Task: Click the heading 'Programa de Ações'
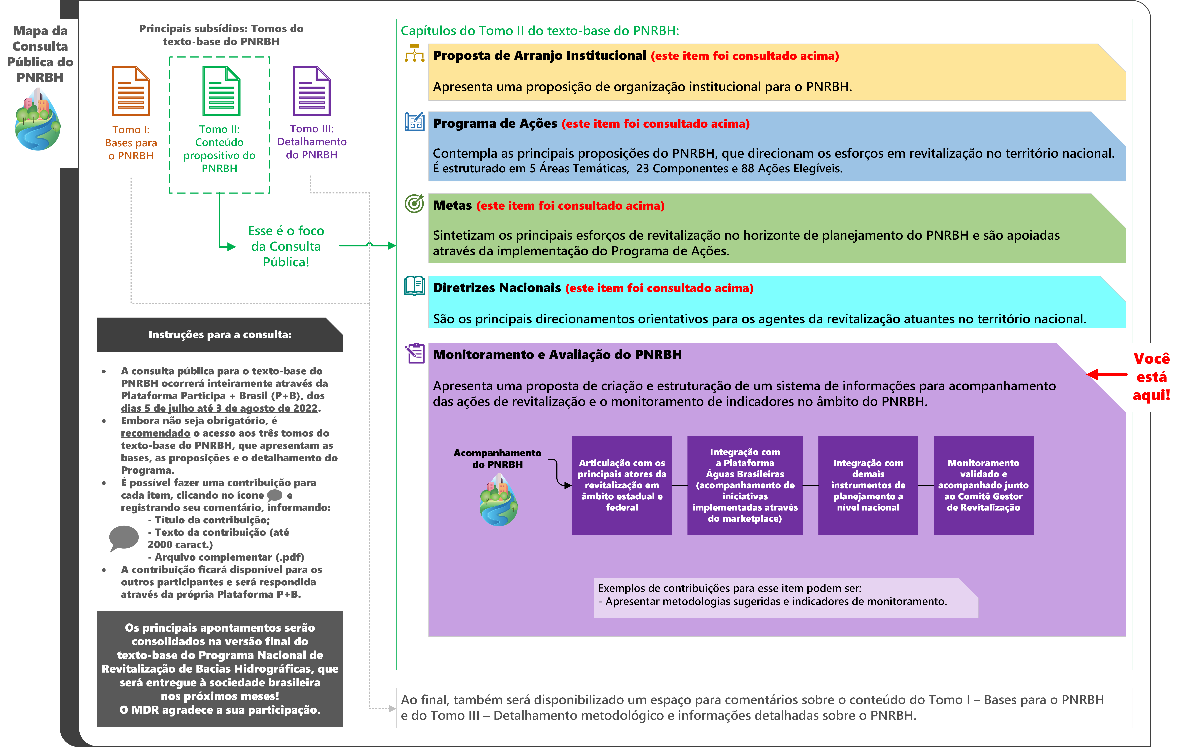coord(495,123)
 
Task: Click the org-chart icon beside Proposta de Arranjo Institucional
coord(414,53)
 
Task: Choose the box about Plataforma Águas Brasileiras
coord(745,485)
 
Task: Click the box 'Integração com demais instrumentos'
coord(868,485)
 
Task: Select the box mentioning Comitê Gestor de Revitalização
coord(983,485)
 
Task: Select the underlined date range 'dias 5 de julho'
coord(219,408)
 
